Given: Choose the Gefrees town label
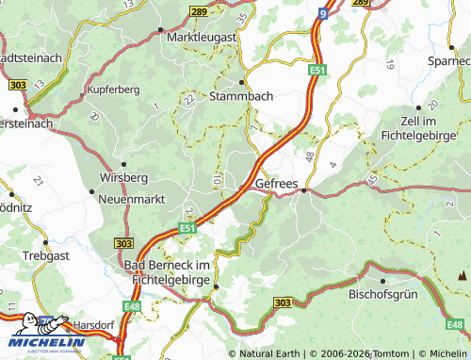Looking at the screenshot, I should (275, 183).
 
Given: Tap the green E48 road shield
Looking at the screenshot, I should (130, 306).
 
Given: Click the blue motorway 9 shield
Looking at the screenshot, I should (322, 13).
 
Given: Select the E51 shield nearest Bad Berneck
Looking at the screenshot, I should (187, 228).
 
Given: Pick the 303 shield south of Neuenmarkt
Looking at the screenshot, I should (122, 243).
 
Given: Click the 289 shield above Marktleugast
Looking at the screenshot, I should (197, 10).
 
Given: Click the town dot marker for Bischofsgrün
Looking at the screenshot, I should (384, 280).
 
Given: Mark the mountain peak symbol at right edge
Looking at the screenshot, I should (462, 276).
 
